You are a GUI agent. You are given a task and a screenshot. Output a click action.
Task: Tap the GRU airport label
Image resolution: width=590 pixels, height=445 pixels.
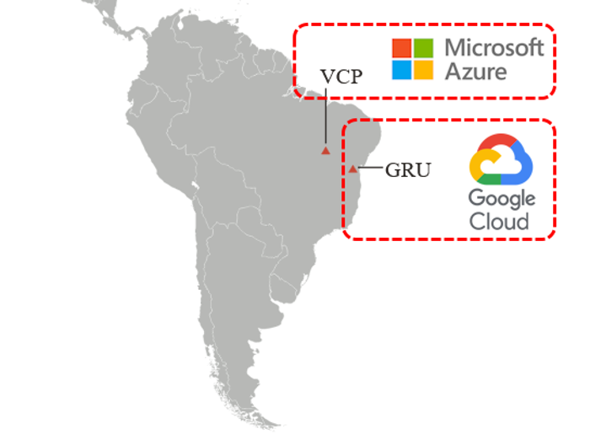point(407,170)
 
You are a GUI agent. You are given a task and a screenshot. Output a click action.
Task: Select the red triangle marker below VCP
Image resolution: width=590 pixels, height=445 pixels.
point(324,151)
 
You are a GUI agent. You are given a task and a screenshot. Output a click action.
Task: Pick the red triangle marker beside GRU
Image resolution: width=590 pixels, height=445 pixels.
point(352,169)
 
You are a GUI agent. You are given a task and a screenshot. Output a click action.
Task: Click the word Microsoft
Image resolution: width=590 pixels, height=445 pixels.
point(494,47)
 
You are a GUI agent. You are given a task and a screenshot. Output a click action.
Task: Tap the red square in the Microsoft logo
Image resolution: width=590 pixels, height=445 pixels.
point(402,47)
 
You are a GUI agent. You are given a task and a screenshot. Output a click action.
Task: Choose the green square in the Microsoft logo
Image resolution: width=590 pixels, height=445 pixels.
point(424,47)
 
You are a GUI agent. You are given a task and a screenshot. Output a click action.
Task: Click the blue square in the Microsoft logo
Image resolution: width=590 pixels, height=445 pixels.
point(402,69)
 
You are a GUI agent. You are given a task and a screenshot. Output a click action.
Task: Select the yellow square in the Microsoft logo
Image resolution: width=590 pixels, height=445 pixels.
point(424,69)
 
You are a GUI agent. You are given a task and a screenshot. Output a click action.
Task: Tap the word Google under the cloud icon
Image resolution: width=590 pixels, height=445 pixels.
point(501,200)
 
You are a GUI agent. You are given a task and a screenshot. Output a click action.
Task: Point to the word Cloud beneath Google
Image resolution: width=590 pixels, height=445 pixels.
point(499,222)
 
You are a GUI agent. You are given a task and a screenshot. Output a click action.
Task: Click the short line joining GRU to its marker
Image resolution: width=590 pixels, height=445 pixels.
point(369,169)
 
